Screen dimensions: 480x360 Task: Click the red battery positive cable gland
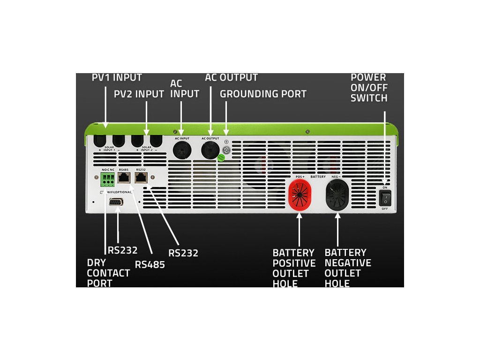[x=300, y=192]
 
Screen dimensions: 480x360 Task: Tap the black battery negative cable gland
[x=337, y=193]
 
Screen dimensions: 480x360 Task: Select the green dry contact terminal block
[x=107, y=178]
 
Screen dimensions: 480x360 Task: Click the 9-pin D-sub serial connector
[x=116, y=201]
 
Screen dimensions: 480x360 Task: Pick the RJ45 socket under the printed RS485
[x=124, y=178]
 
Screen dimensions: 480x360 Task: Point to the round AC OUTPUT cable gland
[x=210, y=150]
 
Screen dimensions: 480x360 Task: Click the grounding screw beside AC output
[x=226, y=150]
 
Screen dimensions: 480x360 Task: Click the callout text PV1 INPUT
[x=117, y=78]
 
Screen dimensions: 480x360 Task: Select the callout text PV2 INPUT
[x=139, y=94]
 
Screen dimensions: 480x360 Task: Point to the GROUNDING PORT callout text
[x=263, y=94]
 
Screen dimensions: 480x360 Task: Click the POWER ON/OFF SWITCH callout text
[x=369, y=88]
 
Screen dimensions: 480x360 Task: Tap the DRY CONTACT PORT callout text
[x=108, y=273]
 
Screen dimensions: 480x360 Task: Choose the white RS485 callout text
[x=150, y=264]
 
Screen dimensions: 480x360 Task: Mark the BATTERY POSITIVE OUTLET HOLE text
[x=294, y=268]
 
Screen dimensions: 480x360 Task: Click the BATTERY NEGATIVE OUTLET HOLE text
[x=347, y=268]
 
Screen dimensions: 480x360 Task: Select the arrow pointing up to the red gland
[x=300, y=230]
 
